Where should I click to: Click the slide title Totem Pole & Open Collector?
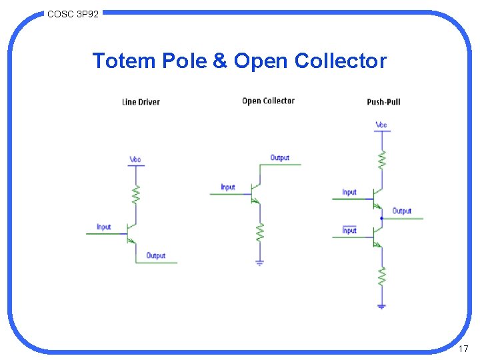(239, 61)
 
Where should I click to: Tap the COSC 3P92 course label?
(73, 13)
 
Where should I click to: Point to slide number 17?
(464, 349)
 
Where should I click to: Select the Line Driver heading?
(141, 102)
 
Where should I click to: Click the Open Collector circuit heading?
(268, 101)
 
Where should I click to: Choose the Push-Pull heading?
(383, 102)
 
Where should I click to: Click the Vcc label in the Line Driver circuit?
(135, 159)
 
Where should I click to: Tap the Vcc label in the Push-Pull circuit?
(381, 125)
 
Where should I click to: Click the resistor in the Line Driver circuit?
(135, 195)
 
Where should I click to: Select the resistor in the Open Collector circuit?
(260, 231)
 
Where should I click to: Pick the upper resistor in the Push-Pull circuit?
(381, 159)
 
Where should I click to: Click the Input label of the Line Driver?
(103, 227)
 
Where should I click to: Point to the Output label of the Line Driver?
(155, 255)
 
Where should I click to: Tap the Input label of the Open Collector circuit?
(228, 187)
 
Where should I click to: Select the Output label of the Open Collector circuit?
(280, 158)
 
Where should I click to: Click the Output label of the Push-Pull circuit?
(401, 211)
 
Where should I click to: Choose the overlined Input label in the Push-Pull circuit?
(349, 230)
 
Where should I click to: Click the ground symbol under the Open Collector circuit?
(260, 262)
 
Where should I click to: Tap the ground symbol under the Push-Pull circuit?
(381, 306)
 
